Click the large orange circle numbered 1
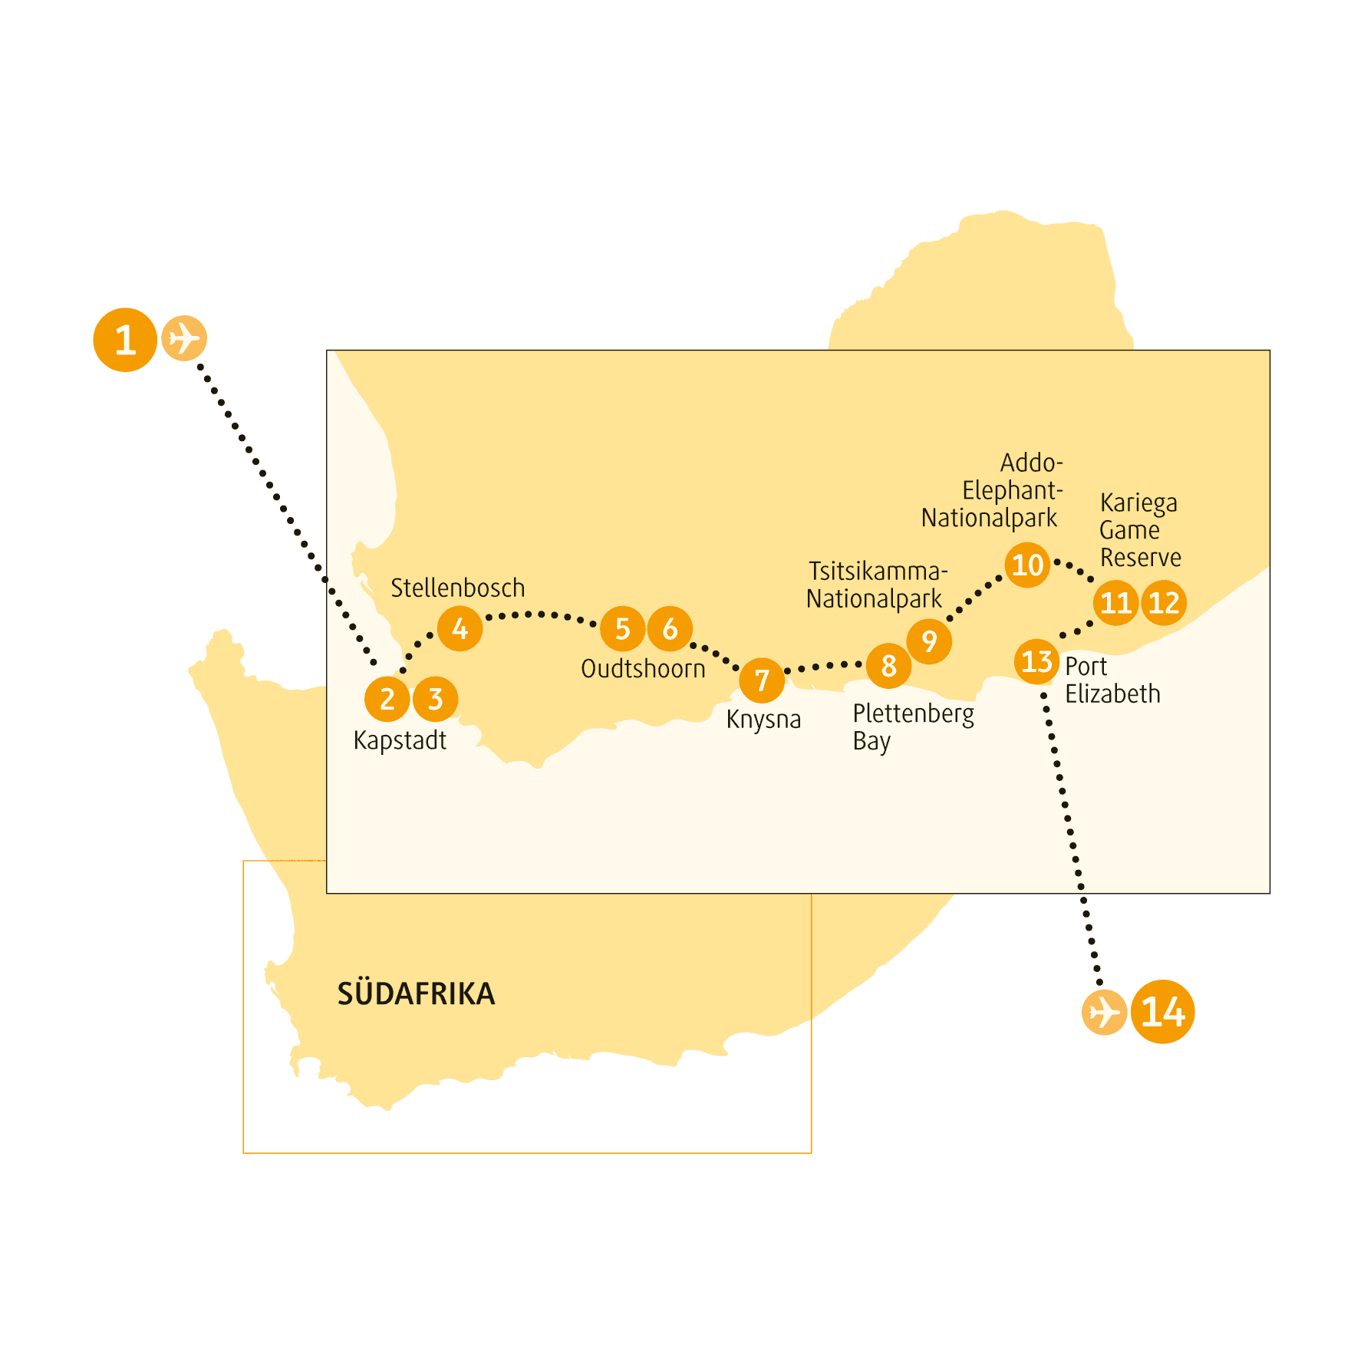click(125, 340)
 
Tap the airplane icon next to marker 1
click(184, 338)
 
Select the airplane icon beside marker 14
click(1105, 1012)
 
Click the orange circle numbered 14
click(1163, 1012)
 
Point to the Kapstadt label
click(400, 741)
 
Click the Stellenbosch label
click(458, 588)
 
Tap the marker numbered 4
click(460, 629)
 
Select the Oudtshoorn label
click(643, 668)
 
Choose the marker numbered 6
click(670, 628)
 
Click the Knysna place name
click(763, 720)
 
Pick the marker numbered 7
click(762, 680)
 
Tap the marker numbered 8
click(888, 666)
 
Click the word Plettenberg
click(914, 714)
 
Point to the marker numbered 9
click(929, 641)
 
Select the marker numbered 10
click(1027, 565)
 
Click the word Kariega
click(1138, 503)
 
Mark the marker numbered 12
click(1164, 603)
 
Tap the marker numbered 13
click(1036, 661)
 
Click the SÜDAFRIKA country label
click(417, 993)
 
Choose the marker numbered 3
click(435, 699)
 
